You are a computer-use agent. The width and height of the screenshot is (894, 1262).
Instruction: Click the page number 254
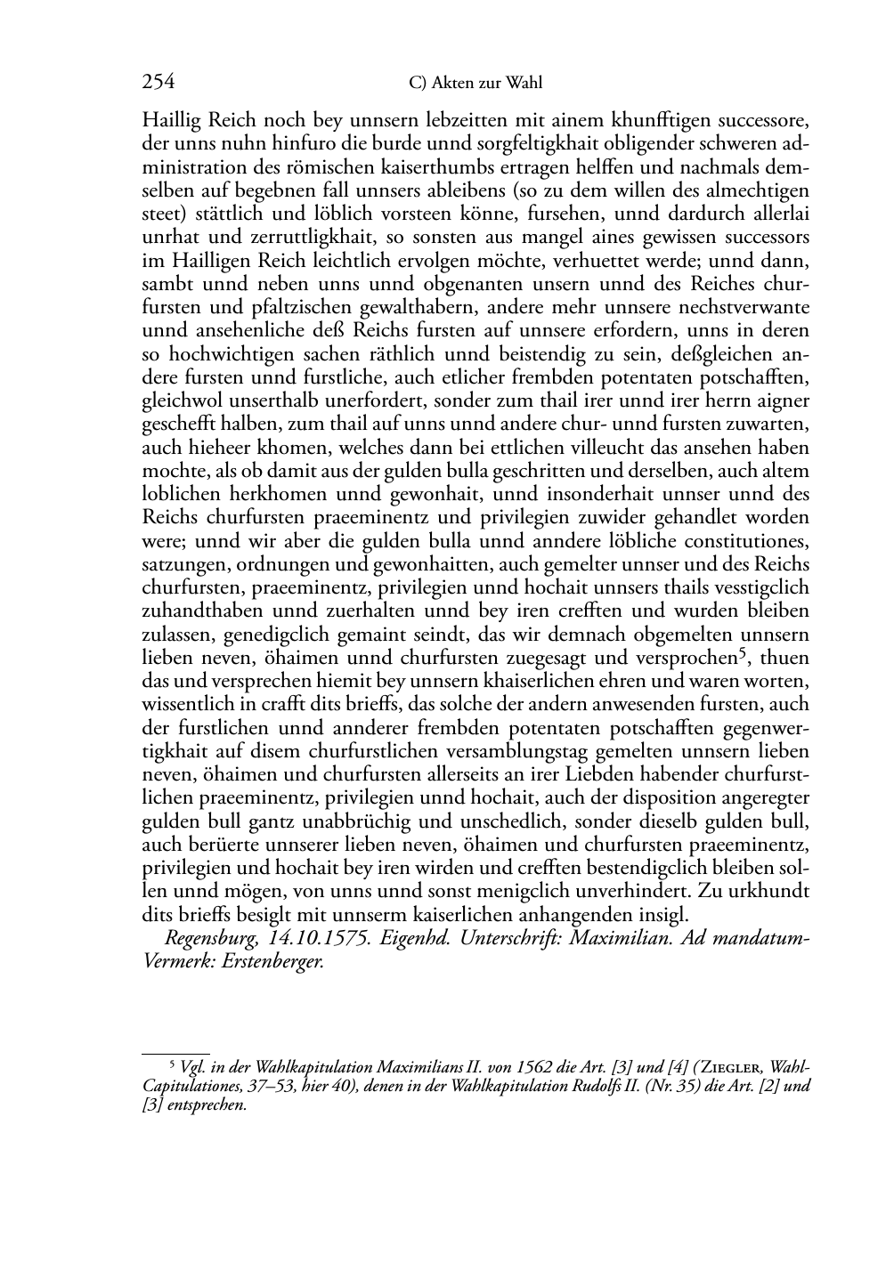pyautogui.click(x=158, y=83)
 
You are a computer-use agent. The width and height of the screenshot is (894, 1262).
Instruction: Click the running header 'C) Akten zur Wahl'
pyautogui.click(x=475, y=84)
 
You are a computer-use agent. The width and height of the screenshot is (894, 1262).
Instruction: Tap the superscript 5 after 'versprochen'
pyautogui.click(x=740, y=655)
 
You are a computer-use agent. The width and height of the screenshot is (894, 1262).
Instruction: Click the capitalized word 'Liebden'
pyautogui.click(x=609, y=774)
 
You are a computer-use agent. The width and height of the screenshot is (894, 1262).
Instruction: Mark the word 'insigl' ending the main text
pyautogui.click(x=664, y=915)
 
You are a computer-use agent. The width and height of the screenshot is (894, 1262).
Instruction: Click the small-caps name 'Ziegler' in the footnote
pyautogui.click(x=734, y=1067)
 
